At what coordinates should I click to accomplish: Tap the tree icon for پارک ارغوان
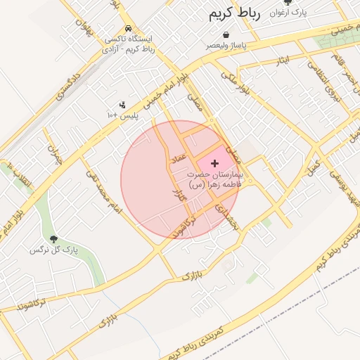tap(286, 3)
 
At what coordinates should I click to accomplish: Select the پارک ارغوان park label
tap(289, 13)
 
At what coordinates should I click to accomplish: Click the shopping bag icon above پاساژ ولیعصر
tap(226, 34)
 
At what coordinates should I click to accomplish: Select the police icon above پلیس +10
tap(122, 105)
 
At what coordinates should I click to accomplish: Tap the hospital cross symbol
tap(214, 163)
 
